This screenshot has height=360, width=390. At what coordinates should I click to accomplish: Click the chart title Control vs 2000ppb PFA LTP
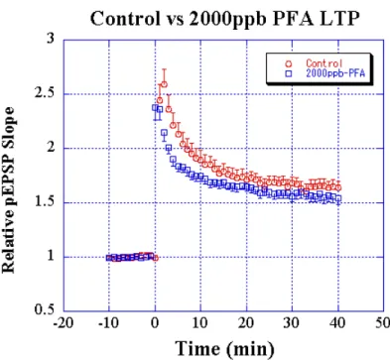pos(224,19)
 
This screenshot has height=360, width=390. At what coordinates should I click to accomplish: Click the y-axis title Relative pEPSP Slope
pos(9,189)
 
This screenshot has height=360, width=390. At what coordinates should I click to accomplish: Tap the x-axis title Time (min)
pos(224,348)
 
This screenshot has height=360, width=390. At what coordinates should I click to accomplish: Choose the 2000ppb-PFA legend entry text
pos(335,73)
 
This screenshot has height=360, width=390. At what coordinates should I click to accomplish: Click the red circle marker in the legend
pos(289,63)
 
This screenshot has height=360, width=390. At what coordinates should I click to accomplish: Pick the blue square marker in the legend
pos(289,74)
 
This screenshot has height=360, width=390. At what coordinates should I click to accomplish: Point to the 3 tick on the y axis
pos(50,39)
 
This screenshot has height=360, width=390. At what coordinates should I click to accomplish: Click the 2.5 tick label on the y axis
pos(44,93)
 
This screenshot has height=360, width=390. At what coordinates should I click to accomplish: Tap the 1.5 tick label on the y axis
pos(44,202)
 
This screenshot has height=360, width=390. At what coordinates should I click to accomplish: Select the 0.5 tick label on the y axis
pos(44,310)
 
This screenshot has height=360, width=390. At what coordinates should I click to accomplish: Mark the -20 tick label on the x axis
pos(64,323)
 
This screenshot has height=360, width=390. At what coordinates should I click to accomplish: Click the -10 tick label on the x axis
pos(109,323)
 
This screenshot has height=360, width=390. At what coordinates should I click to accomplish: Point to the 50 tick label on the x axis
pos(382,323)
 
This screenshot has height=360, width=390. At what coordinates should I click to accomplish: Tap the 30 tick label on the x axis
pos(292,323)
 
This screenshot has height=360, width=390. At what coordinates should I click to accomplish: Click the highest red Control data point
pos(164,84)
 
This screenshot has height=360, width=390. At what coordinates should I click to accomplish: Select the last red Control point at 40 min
pos(338,187)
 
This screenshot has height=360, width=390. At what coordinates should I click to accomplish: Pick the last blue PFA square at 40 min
pos(338,198)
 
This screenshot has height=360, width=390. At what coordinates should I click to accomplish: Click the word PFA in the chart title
pos(293,19)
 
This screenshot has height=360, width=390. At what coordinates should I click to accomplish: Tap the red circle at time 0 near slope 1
pos(155,258)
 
